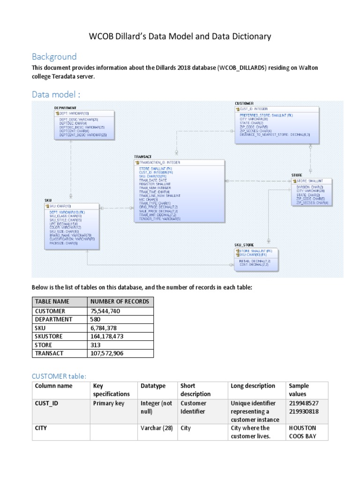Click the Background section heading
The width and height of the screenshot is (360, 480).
[54, 57]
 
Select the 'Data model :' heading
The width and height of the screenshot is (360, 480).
[56, 95]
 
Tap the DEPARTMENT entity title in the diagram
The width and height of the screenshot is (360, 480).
[65, 108]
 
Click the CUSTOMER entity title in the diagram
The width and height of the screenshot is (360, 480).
[244, 103]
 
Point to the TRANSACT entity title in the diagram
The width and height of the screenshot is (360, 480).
[143, 157]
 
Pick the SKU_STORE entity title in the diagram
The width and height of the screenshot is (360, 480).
[244, 245]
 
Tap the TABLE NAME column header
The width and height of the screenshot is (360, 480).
[52, 301]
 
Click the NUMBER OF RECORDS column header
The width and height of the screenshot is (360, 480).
[120, 301]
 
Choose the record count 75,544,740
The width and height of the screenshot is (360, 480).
[105, 311]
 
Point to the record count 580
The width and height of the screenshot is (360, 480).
[95, 319]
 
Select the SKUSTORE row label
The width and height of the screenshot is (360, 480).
[49, 336]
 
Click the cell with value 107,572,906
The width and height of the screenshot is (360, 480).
[107, 353]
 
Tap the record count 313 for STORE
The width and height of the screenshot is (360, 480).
[95, 345]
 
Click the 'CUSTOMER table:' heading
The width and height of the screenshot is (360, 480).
[59, 376]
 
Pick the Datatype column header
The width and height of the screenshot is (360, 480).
[153, 386]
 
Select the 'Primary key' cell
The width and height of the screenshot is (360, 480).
[109, 403]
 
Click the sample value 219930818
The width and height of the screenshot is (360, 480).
[304, 411]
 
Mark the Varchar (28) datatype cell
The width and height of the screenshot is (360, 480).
[157, 428]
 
